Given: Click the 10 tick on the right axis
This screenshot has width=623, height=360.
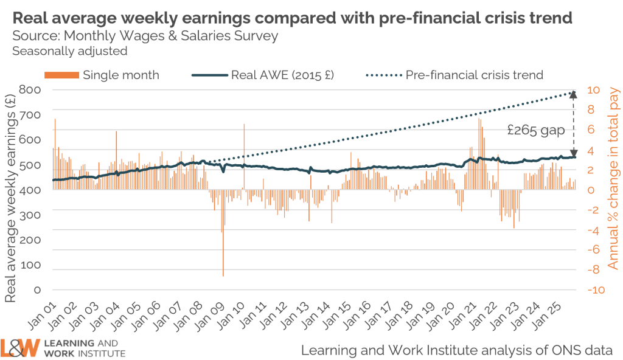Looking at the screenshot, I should pos(594,90).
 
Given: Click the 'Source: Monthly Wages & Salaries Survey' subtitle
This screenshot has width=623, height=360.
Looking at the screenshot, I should pos(145,36).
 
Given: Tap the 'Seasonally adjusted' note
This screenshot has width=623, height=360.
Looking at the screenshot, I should pos(69,51).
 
